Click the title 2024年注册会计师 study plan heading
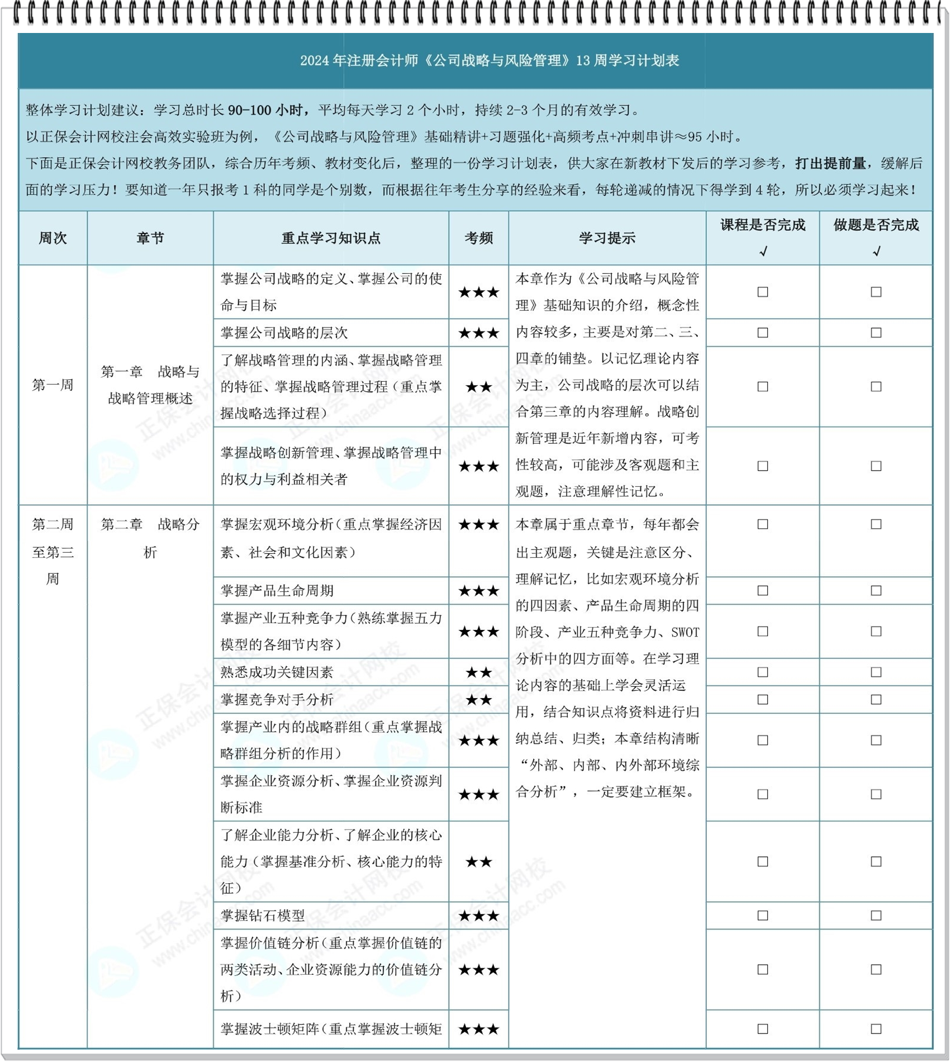tap(489, 60)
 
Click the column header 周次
tap(53, 238)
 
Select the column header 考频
tap(478, 238)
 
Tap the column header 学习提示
tap(607, 238)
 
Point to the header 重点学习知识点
tap(331, 238)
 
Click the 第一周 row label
tap(53, 385)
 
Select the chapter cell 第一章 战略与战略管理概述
tap(150, 385)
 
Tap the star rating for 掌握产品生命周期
tap(478, 591)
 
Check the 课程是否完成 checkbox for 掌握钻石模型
tap(762, 916)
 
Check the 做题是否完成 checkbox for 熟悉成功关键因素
tap(876, 672)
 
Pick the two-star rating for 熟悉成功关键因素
tap(478, 672)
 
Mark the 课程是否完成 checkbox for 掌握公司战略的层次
tap(762, 333)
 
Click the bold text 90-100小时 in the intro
tap(267, 110)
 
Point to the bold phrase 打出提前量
tap(830, 163)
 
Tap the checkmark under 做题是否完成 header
tap(876, 252)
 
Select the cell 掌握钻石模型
tap(263, 916)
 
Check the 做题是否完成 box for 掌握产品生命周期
tap(876, 591)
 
